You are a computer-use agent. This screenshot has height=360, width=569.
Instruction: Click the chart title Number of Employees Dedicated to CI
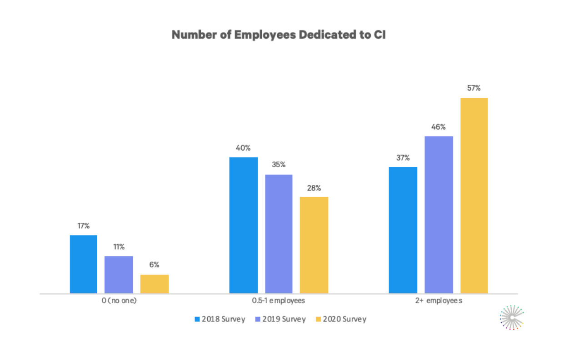click(278, 35)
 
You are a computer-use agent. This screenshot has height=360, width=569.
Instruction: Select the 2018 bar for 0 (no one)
click(83, 264)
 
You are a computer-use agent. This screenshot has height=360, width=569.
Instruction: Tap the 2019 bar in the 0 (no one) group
click(119, 275)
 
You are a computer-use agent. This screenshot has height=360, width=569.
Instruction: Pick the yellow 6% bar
click(155, 284)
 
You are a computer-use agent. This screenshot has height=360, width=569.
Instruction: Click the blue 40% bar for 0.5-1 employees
click(243, 225)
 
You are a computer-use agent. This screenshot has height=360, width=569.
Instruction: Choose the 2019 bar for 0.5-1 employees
click(279, 234)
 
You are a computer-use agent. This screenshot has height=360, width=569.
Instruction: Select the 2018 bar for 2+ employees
click(403, 230)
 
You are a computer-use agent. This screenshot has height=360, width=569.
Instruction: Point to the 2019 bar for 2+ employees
click(439, 215)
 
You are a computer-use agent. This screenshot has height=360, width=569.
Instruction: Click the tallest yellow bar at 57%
click(474, 195)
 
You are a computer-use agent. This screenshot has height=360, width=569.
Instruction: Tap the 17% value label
click(83, 226)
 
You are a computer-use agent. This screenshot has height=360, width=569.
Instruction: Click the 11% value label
click(119, 247)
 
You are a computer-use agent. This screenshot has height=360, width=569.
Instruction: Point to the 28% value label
click(314, 188)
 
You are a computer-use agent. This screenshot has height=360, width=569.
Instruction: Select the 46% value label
click(439, 127)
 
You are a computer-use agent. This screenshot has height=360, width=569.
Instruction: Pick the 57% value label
click(474, 88)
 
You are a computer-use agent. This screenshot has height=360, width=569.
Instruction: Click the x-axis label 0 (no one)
click(119, 301)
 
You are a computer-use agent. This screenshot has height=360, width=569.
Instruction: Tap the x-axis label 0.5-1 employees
click(279, 301)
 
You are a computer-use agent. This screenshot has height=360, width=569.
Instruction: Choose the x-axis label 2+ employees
click(438, 301)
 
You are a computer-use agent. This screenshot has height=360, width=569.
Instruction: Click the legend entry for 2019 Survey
click(282, 319)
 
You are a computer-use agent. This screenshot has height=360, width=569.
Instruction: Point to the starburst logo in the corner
click(511, 317)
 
